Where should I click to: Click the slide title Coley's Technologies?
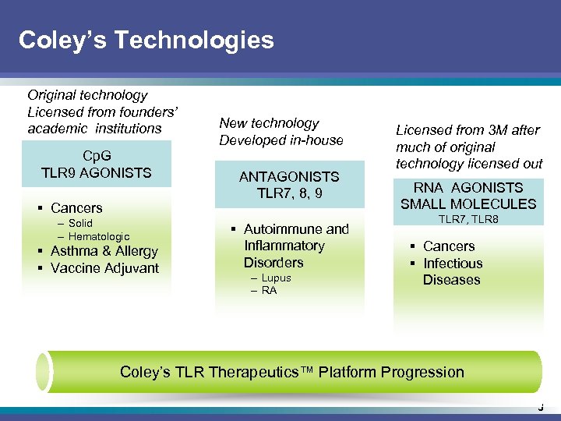click(x=146, y=40)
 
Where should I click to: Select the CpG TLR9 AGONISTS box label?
click(x=97, y=164)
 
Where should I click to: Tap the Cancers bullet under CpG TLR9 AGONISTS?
click(x=76, y=208)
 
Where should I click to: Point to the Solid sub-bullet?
click(x=80, y=223)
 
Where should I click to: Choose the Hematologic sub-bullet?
click(x=99, y=236)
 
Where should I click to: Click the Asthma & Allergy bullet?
click(x=104, y=251)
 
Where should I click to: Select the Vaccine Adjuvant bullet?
click(x=104, y=268)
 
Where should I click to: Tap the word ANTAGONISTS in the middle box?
click(x=289, y=177)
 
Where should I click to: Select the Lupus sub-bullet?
click(x=276, y=278)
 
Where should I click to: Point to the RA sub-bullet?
click(x=269, y=290)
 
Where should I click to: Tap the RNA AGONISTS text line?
click(x=468, y=187)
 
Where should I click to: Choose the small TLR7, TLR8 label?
click(x=468, y=220)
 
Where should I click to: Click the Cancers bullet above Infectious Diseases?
click(x=449, y=246)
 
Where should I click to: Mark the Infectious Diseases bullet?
click(x=452, y=271)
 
